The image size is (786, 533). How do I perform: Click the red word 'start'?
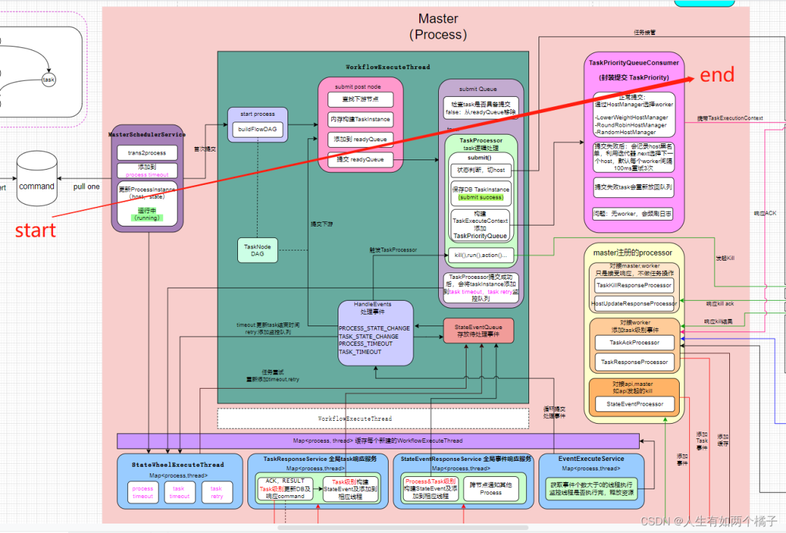point(35,230)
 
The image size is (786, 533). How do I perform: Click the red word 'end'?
point(717,74)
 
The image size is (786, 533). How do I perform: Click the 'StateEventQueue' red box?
point(478,330)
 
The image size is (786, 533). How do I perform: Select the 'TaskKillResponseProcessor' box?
point(635,285)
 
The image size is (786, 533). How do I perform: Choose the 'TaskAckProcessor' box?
point(634,342)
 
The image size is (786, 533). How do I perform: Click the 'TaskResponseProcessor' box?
point(634,361)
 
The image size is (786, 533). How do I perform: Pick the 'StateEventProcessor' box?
point(634,404)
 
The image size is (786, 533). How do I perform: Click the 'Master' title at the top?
point(438,19)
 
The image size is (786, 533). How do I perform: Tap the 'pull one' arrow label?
point(87,186)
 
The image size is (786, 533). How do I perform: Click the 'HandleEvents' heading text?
point(372,304)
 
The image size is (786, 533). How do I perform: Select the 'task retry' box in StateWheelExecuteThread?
point(216,492)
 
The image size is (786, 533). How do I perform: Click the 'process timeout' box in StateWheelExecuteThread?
point(143,492)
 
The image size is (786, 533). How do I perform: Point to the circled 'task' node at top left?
point(49,79)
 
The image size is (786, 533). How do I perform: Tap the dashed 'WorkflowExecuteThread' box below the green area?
point(373,419)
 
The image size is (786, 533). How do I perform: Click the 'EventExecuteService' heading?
point(591,459)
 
